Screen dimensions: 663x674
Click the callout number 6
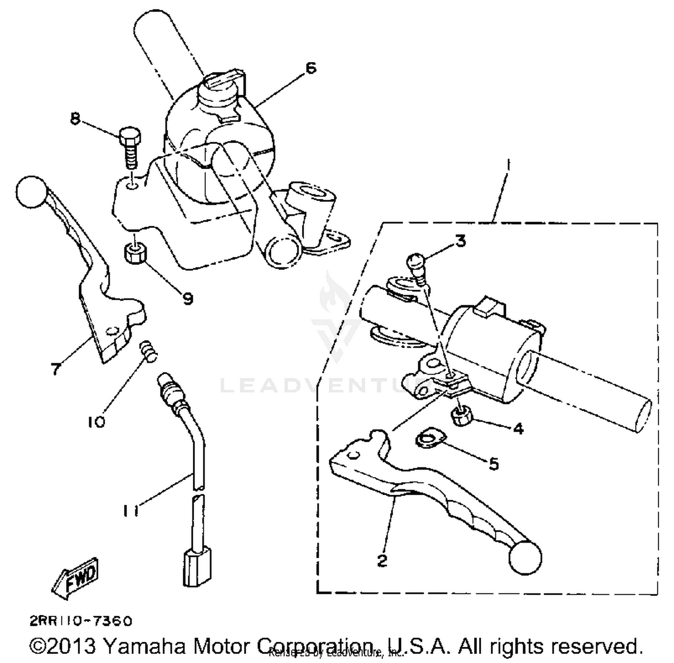tap(310, 68)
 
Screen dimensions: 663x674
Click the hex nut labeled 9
tap(134, 254)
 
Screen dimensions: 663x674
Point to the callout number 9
tap(187, 298)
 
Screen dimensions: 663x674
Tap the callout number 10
tap(97, 422)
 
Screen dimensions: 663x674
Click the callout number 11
tap(130, 511)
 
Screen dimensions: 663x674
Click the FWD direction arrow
tap(75, 579)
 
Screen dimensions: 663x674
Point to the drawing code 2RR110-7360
tap(81, 621)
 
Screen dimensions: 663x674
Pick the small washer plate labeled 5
tap(430, 438)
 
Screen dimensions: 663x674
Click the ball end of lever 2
tap(525, 558)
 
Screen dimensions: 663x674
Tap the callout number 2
tap(382, 560)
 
